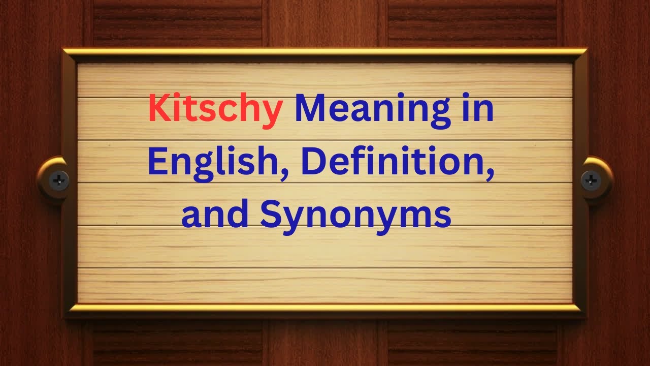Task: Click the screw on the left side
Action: (x=59, y=180)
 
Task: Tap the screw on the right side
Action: (x=591, y=180)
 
